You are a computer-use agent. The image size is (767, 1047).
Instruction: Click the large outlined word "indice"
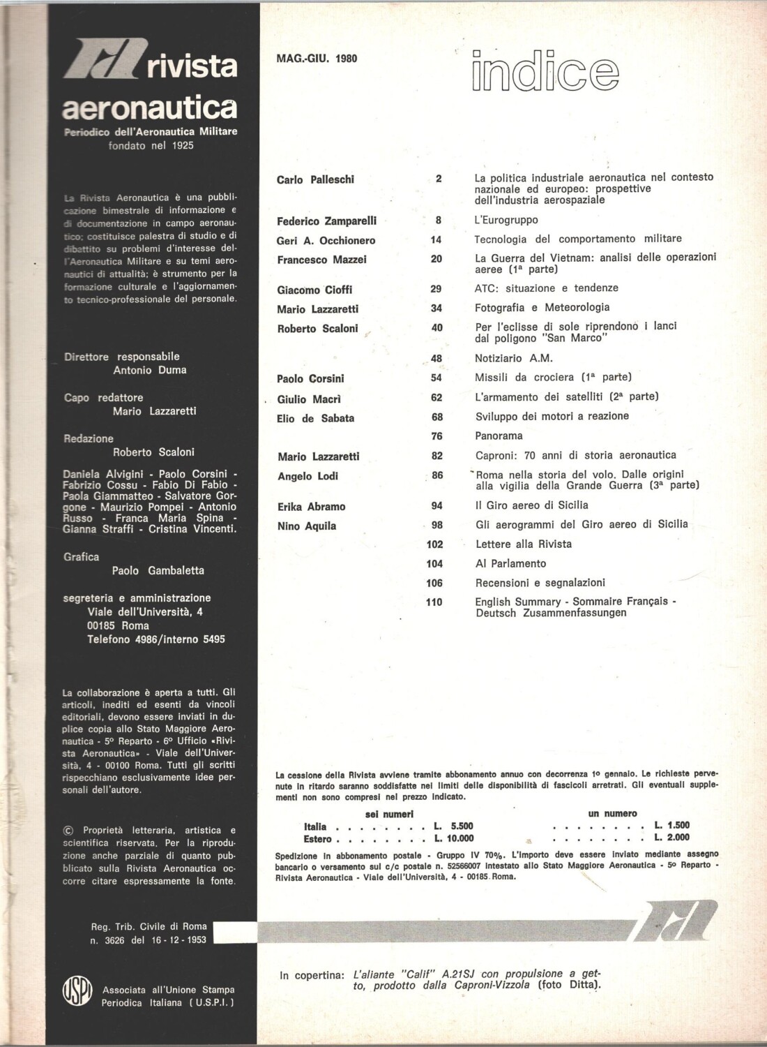click(x=545, y=73)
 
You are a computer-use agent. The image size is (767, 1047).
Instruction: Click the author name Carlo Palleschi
click(x=315, y=179)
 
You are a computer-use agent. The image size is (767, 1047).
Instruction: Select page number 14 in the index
click(x=436, y=240)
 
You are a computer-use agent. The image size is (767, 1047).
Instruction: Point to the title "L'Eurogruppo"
click(x=506, y=220)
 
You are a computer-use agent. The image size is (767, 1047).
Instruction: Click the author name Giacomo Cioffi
click(x=314, y=290)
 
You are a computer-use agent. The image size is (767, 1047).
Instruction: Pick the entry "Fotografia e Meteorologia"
click(x=542, y=307)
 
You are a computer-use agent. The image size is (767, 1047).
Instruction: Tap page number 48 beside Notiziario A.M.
click(x=436, y=359)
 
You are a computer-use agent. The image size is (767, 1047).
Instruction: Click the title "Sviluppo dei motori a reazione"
click(x=552, y=416)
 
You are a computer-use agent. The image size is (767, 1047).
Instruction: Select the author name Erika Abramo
click(x=311, y=507)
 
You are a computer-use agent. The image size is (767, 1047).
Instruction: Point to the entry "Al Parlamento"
click(x=510, y=563)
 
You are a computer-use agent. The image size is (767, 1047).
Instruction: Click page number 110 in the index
click(x=434, y=602)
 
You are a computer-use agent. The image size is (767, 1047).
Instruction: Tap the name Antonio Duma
click(x=150, y=370)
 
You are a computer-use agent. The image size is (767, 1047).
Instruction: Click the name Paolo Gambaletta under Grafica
click(x=158, y=570)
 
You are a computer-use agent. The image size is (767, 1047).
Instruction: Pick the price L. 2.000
click(x=672, y=837)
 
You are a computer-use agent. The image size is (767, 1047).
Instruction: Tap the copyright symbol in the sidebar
click(x=68, y=831)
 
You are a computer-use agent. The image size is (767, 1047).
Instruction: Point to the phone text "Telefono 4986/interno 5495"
click(x=155, y=639)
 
